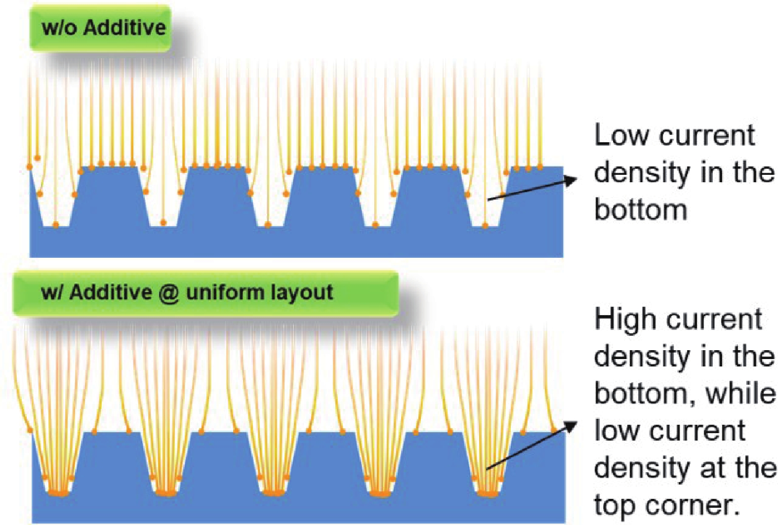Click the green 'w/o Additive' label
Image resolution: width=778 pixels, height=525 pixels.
point(101,28)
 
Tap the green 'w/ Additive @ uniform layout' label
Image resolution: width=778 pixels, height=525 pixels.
point(205,293)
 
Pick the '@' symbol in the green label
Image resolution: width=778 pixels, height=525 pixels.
point(168,293)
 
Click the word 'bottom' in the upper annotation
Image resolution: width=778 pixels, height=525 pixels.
point(640,209)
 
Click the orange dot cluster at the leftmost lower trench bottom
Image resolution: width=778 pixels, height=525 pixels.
point(58,493)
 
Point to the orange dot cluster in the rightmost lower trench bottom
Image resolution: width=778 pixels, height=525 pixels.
point(487,493)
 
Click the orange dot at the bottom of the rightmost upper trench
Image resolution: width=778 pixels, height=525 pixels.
point(485,226)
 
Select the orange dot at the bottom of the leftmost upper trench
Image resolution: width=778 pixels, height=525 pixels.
point(56,225)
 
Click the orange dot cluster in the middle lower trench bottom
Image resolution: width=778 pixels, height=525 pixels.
point(273,493)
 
